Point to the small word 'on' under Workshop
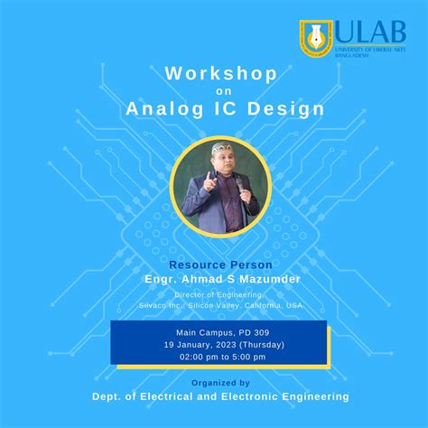pos(213,90)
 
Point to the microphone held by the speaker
pos(238,186)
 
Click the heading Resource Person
pos(213,266)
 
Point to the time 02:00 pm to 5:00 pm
pos(213,357)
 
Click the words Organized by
pos(213,382)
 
